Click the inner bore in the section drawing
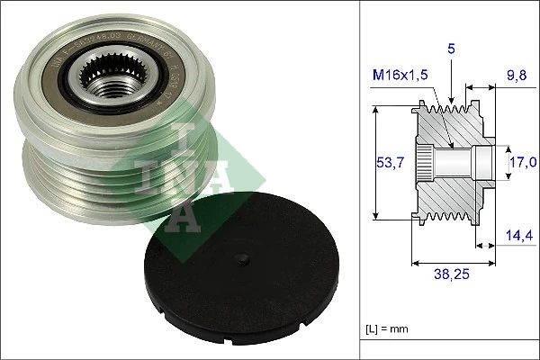coord(459,162)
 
